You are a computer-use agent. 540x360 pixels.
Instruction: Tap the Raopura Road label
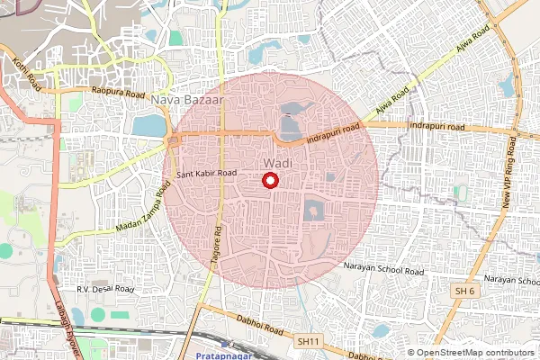(x=118, y=91)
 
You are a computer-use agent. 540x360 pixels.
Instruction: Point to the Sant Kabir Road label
(x=207, y=173)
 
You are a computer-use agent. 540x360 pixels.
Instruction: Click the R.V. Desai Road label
(x=105, y=290)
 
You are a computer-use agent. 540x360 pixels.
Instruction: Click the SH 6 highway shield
(x=464, y=292)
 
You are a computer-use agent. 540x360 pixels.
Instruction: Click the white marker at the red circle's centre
(x=269, y=181)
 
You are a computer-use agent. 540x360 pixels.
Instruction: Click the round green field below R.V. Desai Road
(x=98, y=316)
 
